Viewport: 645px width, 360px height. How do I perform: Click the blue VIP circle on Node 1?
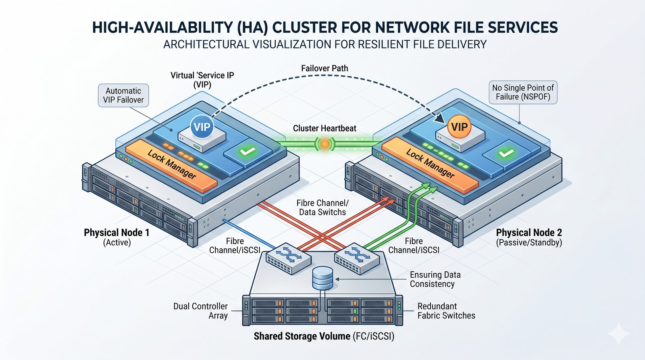pyautogui.click(x=202, y=127)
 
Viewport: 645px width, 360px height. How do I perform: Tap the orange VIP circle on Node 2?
pyautogui.click(x=459, y=127)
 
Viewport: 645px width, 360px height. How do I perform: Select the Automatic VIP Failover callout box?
pyautogui.click(x=123, y=96)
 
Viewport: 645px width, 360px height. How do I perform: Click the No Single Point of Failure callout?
pyautogui.click(x=523, y=92)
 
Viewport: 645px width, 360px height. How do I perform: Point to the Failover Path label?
pyautogui.click(x=325, y=69)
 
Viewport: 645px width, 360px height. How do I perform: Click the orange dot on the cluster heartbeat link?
pyautogui.click(x=325, y=143)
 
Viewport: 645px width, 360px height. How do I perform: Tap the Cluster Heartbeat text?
pyautogui.click(x=325, y=129)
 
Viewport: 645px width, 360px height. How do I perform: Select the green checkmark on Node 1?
pyautogui.click(x=247, y=152)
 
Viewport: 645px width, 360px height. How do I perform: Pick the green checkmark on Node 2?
pyautogui.click(x=506, y=153)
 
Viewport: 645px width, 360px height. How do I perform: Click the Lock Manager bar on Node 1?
pyautogui.click(x=171, y=164)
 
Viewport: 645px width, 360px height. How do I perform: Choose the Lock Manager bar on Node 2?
pyautogui.click(x=430, y=164)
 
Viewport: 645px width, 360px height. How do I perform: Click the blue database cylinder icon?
pyautogui.click(x=323, y=278)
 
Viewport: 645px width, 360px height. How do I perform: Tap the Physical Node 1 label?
pyautogui.click(x=117, y=233)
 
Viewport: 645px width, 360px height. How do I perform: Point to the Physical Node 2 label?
pyautogui.click(x=529, y=233)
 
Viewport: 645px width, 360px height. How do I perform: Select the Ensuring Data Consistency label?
pyautogui.click(x=435, y=279)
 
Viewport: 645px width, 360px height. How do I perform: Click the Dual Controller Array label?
pyautogui.click(x=201, y=311)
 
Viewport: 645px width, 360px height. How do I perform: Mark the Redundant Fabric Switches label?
pyautogui.click(x=446, y=311)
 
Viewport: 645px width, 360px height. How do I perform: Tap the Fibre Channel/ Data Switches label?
pyautogui.click(x=322, y=208)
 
